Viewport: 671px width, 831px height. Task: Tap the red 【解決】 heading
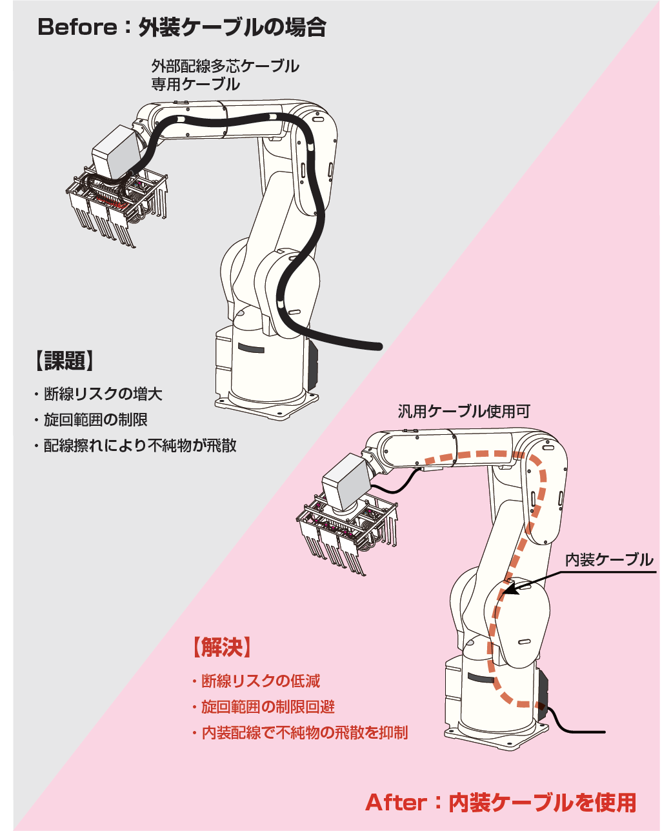[x=221, y=647]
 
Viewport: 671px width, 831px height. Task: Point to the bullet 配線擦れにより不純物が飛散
[x=139, y=446]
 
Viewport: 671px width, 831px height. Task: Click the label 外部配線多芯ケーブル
[x=225, y=66]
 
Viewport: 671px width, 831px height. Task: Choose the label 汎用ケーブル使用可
[x=463, y=412]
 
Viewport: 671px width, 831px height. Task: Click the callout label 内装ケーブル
[x=609, y=560]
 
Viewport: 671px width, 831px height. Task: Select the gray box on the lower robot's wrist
[x=347, y=481]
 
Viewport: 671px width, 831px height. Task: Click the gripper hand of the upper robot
[x=116, y=206]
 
